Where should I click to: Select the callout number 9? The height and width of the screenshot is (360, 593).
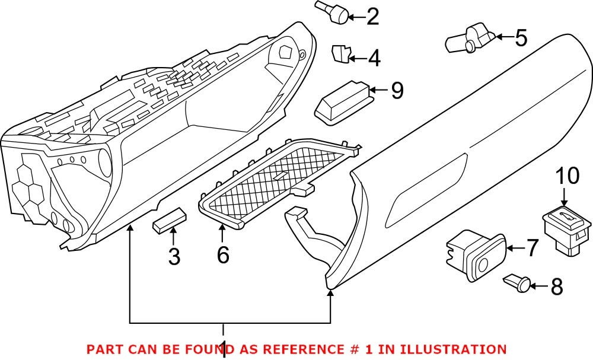397,90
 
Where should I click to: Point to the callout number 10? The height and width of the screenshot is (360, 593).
566,176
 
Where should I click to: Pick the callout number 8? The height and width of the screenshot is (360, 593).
556,287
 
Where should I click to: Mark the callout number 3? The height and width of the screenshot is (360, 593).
174,256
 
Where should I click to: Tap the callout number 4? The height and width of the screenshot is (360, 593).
374,58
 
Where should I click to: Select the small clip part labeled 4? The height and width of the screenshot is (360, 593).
340,53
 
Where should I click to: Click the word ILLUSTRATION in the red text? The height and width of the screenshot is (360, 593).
453,349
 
